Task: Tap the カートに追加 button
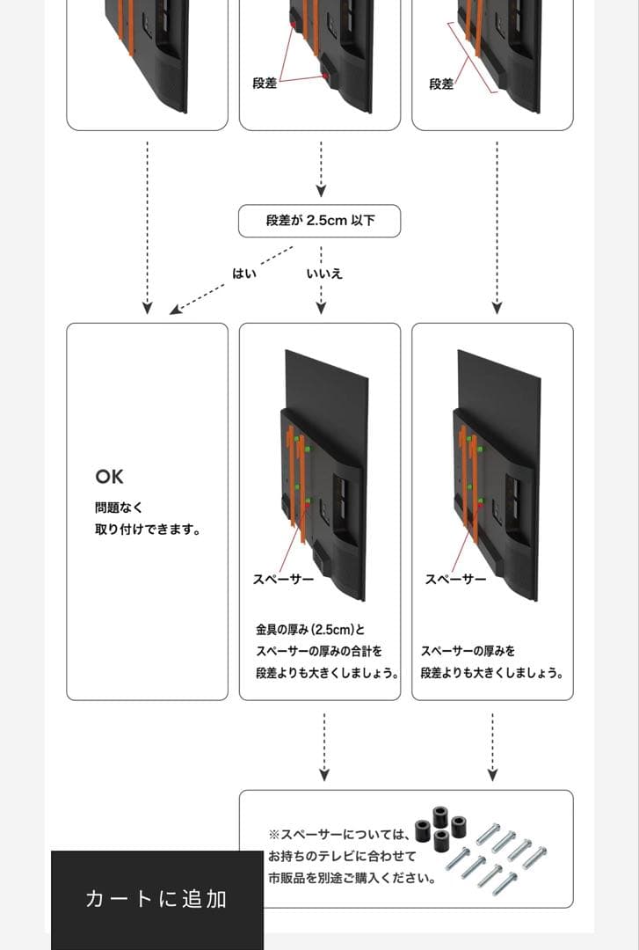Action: tap(156, 898)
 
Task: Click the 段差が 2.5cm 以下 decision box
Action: tap(319, 221)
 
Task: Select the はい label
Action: tap(244, 274)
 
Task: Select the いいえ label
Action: tap(324, 274)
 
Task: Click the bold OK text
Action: tap(110, 477)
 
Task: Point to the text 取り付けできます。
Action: tap(147, 530)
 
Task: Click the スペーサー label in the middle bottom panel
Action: tap(284, 580)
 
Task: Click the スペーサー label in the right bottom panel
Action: tap(455, 580)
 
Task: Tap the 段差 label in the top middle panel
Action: tap(265, 84)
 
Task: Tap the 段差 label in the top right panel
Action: tap(441, 84)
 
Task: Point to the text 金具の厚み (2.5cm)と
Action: tap(309, 630)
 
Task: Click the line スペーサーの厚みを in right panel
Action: tap(468, 651)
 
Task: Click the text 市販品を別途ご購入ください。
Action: tap(352, 877)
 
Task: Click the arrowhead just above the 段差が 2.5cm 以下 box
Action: tap(321, 190)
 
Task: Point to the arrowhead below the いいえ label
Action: tap(321, 308)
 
